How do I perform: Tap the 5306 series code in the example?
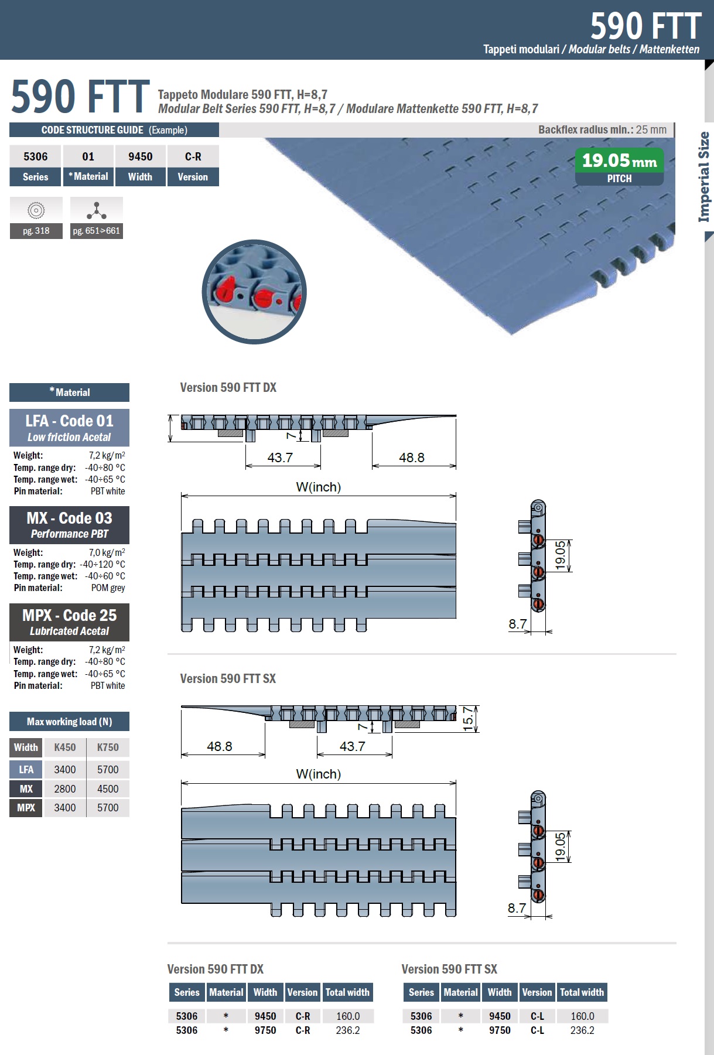coord(36,156)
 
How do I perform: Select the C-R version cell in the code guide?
coord(193,156)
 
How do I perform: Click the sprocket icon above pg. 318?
coord(36,210)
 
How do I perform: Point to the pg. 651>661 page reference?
coord(97,231)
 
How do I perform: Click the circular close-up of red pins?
coord(254,291)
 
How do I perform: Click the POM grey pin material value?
coord(108,588)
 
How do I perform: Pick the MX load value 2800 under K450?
coord(64,789)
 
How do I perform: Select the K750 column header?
coord(108,747)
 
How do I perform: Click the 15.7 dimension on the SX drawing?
coord(468,718)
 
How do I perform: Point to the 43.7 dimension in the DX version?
coord(280,457)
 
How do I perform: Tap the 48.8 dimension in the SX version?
coord(220,746)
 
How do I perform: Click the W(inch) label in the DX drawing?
coord(319,487)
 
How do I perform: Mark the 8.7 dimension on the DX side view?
coord(518,624)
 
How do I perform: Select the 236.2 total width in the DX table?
coord(348,1030)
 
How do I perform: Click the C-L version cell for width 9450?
coord(537,1016)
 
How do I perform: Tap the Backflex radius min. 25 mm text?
coord(602,129)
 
